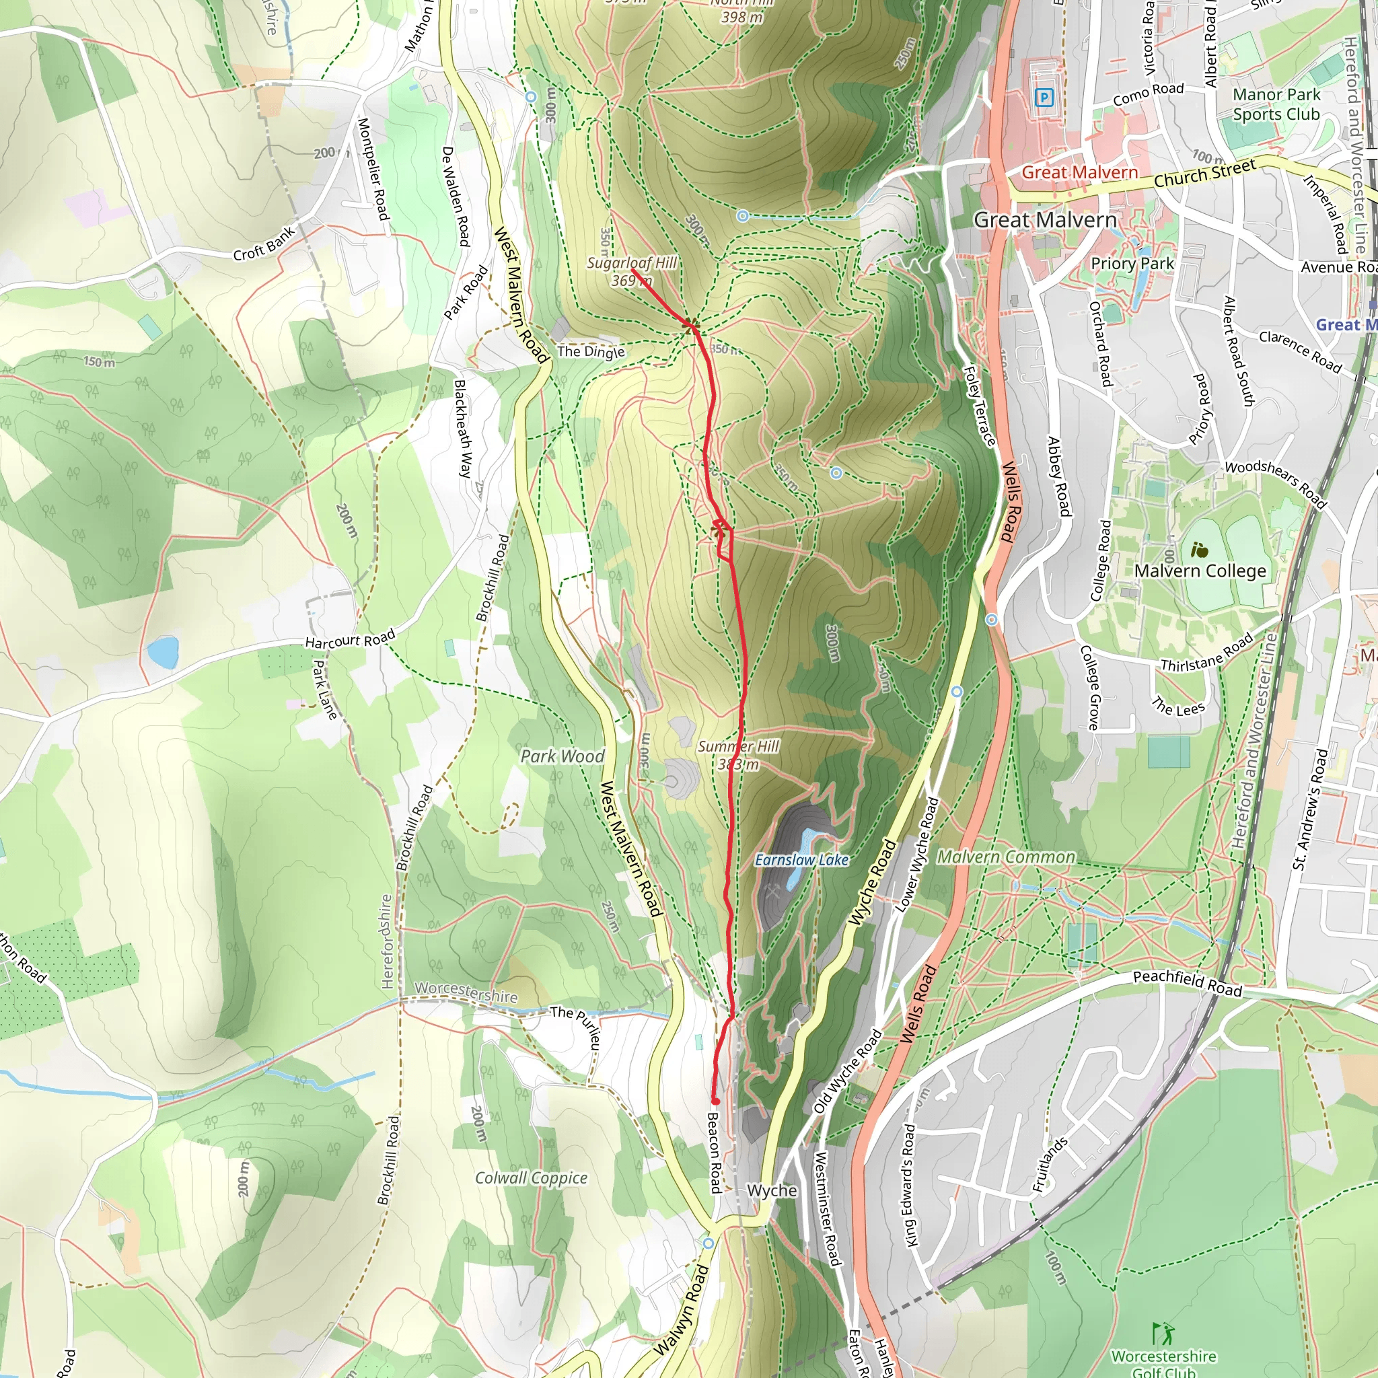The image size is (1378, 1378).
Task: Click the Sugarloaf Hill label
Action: (631, 263)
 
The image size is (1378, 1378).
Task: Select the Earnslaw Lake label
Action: (801, 860)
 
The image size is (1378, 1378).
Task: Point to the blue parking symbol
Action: (1044, 98)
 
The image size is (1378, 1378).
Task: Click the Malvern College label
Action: (1200, 571)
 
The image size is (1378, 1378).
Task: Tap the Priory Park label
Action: (1132, 263)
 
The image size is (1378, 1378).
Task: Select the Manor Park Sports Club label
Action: (1276, 104)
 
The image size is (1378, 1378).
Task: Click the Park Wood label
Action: (562, 756)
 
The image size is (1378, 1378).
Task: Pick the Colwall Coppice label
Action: (532, 1177)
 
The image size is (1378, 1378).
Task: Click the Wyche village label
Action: (772, 1190)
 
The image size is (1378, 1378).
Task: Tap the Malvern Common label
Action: (1006, 857)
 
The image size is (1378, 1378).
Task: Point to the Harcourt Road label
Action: (349, 639)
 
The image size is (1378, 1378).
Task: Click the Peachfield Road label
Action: (1188, 983)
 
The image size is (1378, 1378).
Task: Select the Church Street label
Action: (1204, 174)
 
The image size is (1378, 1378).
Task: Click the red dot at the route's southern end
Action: (715, 1101)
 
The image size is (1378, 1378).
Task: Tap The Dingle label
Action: (591, 351)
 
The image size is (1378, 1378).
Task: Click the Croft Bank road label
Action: (264, 244)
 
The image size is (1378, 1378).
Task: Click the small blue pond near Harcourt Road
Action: (163, 652)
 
